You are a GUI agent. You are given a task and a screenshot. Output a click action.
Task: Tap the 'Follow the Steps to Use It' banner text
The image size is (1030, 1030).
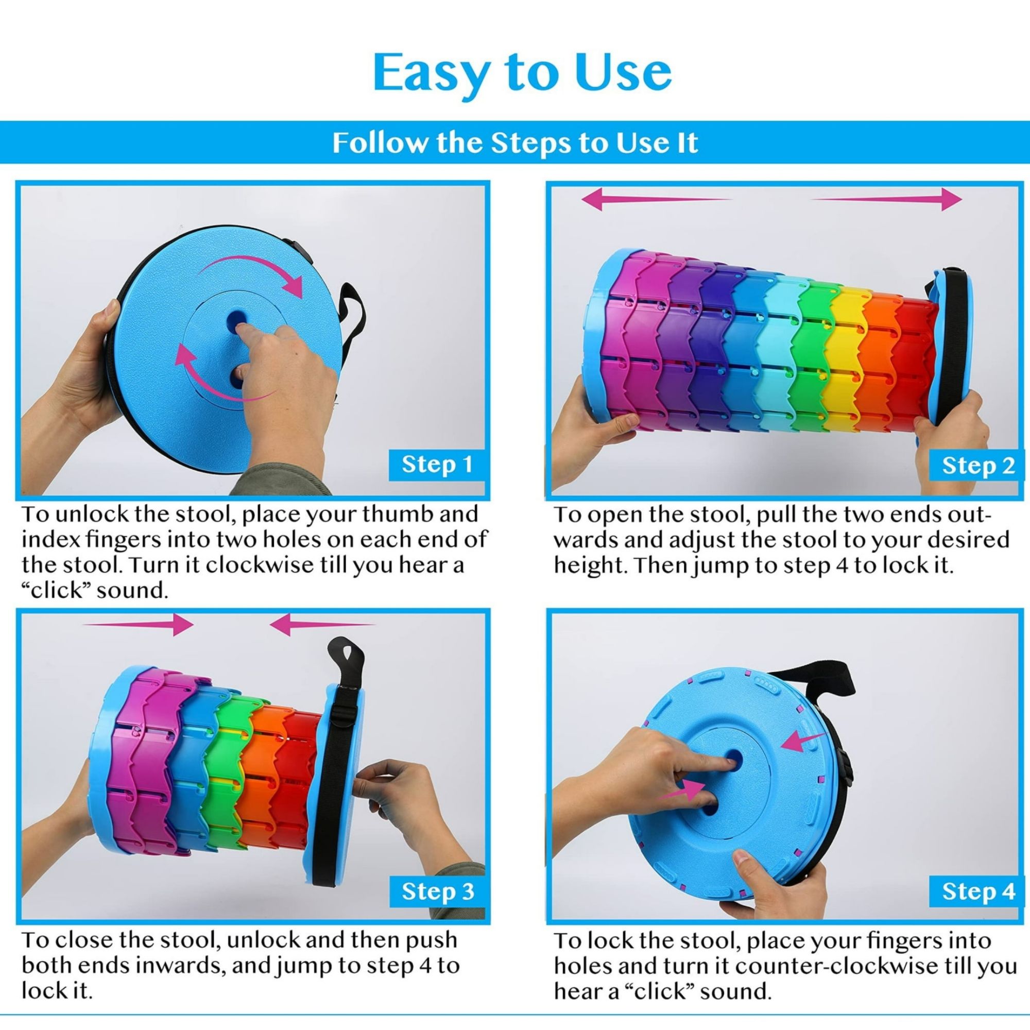(x=515, y=143)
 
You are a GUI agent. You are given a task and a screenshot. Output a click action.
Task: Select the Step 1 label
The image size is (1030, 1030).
(x=437, y=465)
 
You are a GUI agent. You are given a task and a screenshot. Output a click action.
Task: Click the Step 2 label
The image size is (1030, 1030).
(x=978, y=466)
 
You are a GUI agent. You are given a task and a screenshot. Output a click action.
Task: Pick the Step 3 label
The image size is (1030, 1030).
(x=437, y=891)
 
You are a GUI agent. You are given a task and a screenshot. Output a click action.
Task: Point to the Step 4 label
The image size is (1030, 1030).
(x=978, y=891)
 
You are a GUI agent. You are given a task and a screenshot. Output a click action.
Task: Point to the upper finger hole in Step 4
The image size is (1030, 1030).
(x=732, y=758)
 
